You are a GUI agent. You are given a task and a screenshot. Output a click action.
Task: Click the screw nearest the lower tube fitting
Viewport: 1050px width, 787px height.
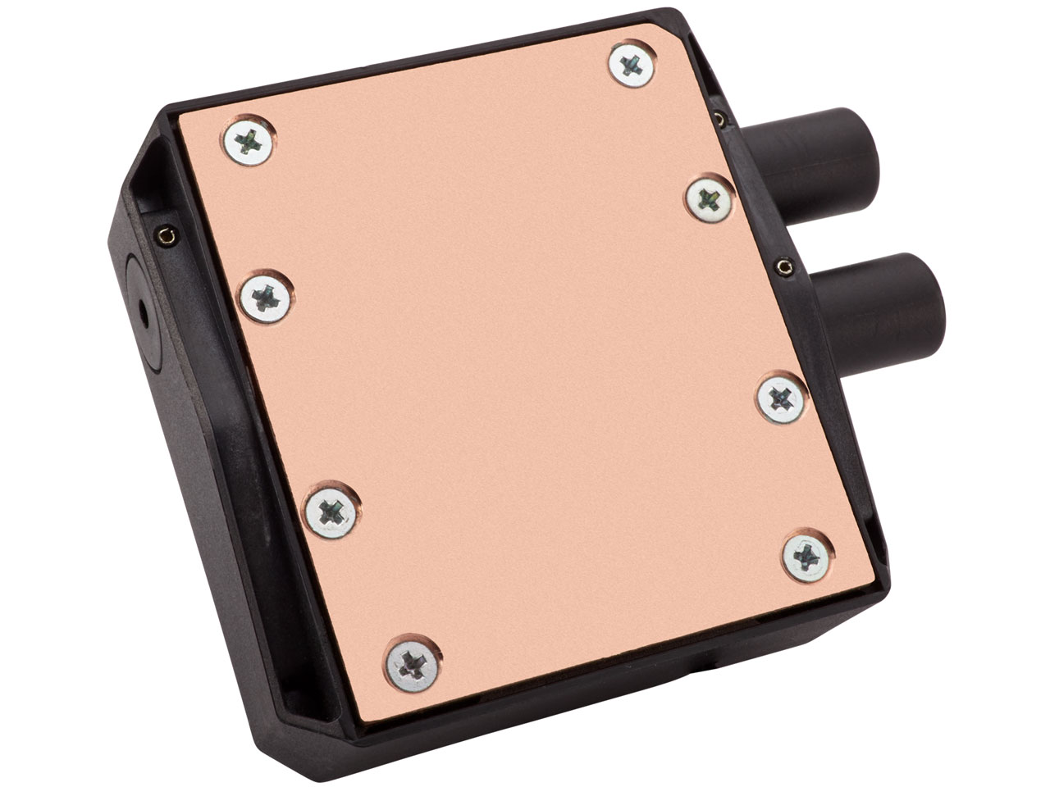pyautogui.click(x=781, y=399)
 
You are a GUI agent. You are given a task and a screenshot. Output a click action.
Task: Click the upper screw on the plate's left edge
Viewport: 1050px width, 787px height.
pyautogui.click(x=247, y=143)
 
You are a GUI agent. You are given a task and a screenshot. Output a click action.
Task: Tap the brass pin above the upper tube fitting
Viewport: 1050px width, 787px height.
pyautogui.click(x=720, y=119)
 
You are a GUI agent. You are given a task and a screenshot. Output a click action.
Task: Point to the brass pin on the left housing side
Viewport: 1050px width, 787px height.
pyautogui.click(x=167, y=236)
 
